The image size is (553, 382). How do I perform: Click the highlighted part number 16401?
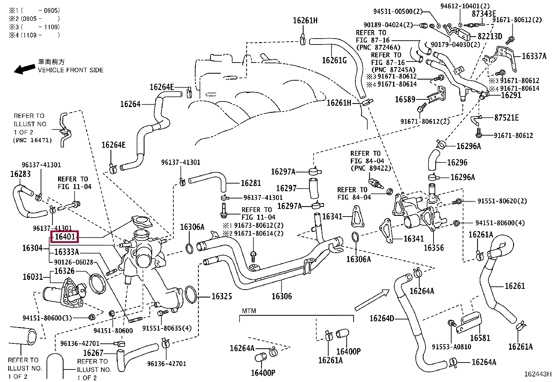[x=65, y=237]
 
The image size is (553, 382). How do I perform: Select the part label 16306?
[x=281, y=296]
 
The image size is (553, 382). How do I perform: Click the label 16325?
[x=222, y=296]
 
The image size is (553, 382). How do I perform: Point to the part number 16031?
[x=33, y=277]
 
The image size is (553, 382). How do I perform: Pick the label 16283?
[x=20, y=174]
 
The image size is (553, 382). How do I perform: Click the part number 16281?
[x=250, y=183]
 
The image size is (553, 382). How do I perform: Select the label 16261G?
[x=334, y=60]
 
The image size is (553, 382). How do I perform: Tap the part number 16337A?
[x=534, y=56]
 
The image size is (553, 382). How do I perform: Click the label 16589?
[x=405, y=100]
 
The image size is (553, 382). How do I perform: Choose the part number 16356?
[x=434, y=247]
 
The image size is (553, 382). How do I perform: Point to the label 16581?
[x=480, y=338]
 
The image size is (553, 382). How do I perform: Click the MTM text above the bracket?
[x=249, y=311]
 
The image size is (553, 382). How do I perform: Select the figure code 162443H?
[x=537, y=374]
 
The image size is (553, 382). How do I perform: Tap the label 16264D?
[x=382, y=318]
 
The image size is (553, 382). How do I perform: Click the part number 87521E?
[x=506, y=118]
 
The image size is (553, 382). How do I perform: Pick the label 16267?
[x=93, y=353]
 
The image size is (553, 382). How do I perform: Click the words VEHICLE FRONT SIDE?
[x=71, y=70]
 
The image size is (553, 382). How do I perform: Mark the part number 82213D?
[x=490, y=36]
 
